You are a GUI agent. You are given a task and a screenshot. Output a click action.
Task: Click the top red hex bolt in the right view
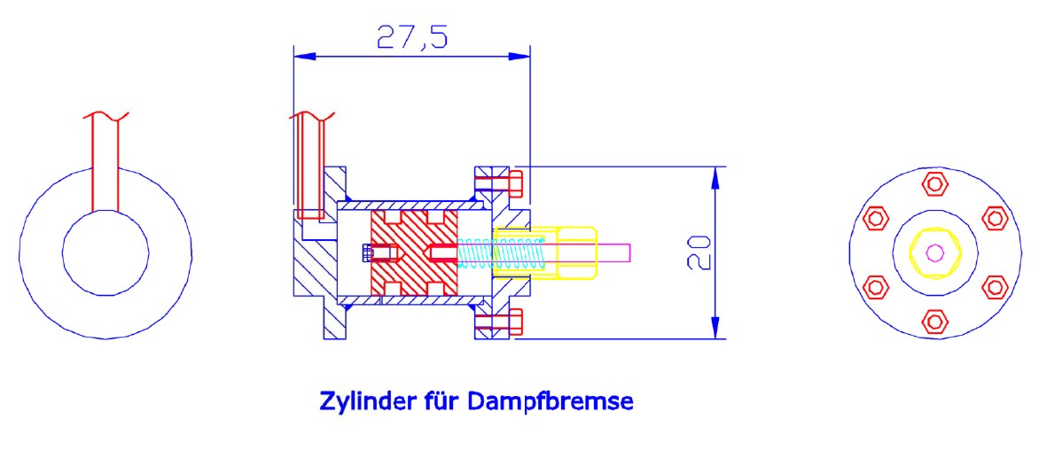tap(934, 184)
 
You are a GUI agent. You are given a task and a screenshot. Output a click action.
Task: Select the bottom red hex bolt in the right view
tap(934, 321)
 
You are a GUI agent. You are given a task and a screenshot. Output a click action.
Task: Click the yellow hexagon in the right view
tap(934, 252)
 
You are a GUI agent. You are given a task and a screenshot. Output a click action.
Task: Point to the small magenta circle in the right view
tap(934, 252)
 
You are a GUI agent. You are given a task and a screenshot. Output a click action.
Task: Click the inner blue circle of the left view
tap(105, 252)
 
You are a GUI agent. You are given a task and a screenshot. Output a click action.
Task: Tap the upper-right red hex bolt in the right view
tap(993, 218)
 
